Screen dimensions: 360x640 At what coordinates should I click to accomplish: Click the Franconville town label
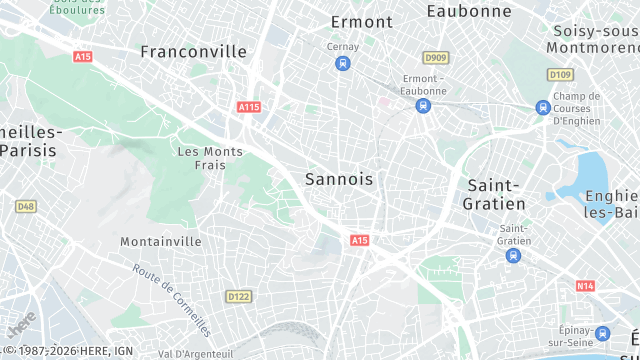pos(193,51)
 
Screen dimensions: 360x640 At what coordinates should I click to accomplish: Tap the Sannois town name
pos(339,179)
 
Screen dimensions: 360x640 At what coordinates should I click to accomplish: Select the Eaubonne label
pos(469,11)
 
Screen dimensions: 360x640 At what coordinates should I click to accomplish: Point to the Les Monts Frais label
pos(209,158)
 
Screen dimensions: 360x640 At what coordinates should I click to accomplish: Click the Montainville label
pos(161,242)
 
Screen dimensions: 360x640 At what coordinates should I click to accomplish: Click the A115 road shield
pos(249,106)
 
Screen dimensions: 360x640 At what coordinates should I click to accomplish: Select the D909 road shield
pos(435,58)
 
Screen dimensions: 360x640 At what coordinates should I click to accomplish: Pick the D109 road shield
pos(560,74)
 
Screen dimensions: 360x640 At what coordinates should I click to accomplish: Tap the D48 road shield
pos(26,206)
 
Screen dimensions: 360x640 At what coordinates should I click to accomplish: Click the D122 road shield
pos(238,296)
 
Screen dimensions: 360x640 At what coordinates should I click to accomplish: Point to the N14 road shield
pos(585,286)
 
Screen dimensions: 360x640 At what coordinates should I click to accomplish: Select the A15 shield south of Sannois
pos(360,240)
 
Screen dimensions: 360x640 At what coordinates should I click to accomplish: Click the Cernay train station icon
pos(343,64)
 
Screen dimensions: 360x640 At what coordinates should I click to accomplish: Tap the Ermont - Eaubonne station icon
pos(423,105)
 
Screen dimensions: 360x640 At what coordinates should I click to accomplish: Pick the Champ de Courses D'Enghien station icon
pos(543,108)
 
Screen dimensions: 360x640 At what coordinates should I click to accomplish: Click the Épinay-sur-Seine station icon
pos(603,334)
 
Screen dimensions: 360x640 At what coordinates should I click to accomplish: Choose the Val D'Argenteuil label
pos(196,353)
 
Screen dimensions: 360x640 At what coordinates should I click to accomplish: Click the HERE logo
pos(21,325)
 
